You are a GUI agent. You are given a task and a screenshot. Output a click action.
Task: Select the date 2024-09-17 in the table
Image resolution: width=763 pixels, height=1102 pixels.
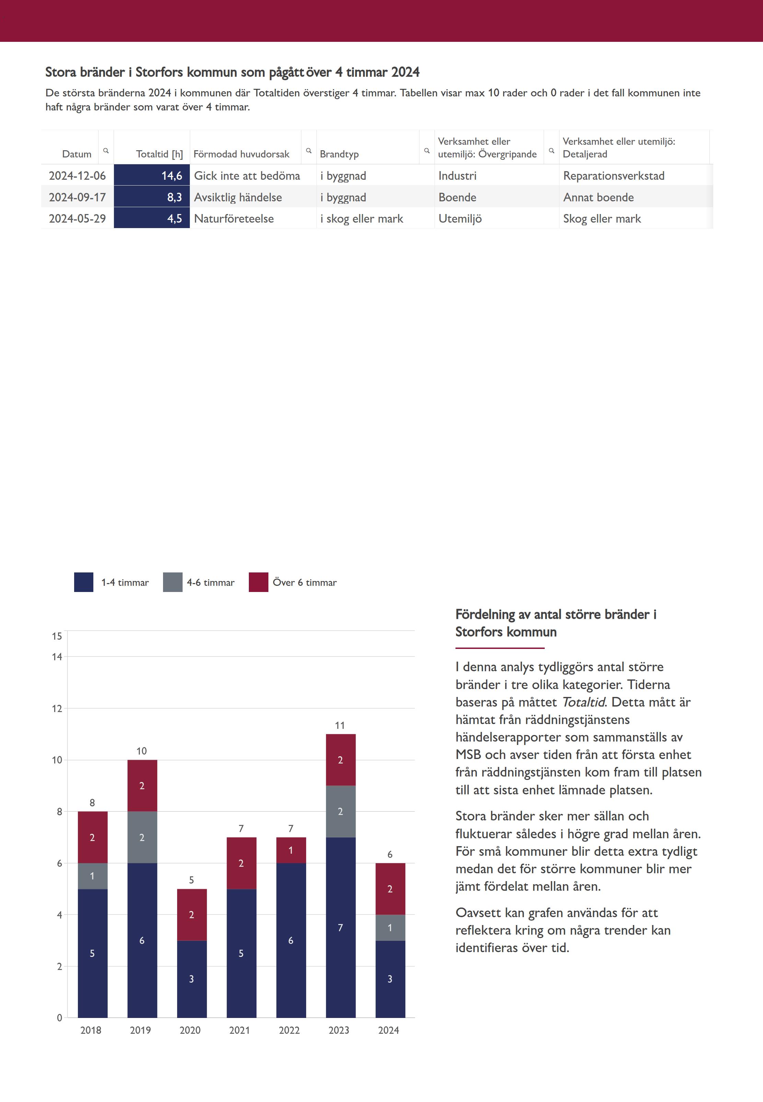pos(78,197)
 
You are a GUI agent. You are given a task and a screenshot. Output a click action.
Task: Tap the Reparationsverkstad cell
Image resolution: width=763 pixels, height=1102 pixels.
pos(613,176)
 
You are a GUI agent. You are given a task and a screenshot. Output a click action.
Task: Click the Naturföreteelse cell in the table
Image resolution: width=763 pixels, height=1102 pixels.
pos(234,219)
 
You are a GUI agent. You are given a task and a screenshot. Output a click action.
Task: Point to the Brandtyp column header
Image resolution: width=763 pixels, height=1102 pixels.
pos(339,154)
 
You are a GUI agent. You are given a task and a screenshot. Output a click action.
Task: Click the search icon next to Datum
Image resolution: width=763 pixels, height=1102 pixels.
pos(106,151)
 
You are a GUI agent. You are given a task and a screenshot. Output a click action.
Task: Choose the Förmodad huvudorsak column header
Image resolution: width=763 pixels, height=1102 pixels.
pos(241,154)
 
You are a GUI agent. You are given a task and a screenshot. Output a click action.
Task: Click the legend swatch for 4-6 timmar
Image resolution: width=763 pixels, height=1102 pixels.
pos(173,582)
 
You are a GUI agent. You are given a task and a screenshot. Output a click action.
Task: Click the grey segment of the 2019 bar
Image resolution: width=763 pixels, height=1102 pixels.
pos(142,837)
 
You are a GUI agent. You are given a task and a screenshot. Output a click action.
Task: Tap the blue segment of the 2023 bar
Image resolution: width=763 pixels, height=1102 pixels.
pos(340,927)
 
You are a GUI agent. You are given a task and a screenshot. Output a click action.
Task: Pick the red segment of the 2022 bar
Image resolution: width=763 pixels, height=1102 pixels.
pos(291,850)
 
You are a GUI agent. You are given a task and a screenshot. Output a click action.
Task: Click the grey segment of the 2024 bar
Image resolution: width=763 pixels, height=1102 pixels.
pos(390,928)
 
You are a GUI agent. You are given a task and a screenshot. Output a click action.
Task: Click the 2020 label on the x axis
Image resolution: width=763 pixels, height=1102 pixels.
pos(190,1030)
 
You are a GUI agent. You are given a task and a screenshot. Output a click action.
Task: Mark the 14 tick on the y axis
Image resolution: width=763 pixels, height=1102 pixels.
pos(57,657)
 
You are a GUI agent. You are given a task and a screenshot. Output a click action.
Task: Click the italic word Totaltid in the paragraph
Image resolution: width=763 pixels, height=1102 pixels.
pos(583,702)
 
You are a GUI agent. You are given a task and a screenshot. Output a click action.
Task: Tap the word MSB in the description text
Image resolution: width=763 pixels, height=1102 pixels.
pos(468,755)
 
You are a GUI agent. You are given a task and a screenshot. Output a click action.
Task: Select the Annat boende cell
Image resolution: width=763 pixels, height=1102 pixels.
pos(599,197)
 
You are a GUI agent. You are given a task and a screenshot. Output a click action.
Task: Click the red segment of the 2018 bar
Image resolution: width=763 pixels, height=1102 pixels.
pos(92,837)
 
